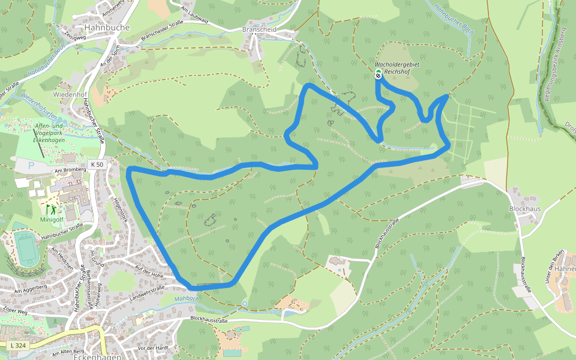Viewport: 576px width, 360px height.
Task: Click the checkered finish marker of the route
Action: point(378,76)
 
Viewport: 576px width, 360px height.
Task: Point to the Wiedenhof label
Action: point(70,95)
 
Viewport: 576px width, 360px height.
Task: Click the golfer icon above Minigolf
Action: point(52,209)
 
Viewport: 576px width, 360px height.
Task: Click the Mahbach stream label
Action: point(187,299)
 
